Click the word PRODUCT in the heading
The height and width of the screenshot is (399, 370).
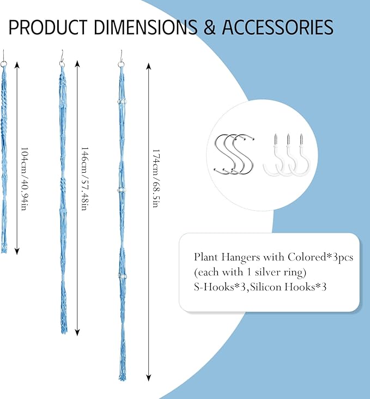click(48, 27)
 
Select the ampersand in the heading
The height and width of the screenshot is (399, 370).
click(209, 27)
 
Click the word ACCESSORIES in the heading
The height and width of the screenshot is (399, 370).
click(277, 27)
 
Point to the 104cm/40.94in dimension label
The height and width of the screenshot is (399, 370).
click(24, 179)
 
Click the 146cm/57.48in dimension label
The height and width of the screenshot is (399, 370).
click(85, 179)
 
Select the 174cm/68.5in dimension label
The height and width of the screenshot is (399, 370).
click(156, 178)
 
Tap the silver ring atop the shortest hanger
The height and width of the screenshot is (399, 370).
click(4, 64)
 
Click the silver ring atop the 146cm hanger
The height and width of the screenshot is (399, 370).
click(62, 64)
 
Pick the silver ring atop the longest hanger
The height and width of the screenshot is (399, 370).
click(122, 64)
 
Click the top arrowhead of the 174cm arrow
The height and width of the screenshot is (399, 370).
click(149, 66)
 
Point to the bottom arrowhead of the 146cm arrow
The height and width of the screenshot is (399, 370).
click(77, 332)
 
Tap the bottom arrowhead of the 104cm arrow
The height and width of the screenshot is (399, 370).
click(17, 251)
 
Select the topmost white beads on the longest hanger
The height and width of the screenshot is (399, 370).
click(122, 101)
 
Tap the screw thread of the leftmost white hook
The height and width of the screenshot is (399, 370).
click(276, 139)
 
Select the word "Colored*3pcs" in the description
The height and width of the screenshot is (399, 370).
click(320, 257)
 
